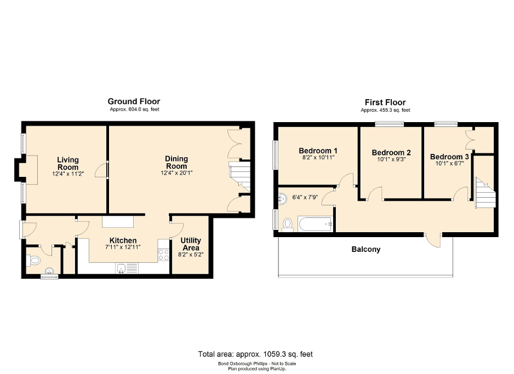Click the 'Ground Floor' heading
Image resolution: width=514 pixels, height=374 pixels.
[x=134, y=101]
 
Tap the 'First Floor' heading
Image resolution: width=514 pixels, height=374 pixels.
[x=385, y=102]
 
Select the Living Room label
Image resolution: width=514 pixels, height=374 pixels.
[x=68, y=163]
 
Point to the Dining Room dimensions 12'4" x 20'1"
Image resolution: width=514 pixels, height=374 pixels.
[x=176, y=173]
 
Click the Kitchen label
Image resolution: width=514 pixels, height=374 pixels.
[x=123, y=240]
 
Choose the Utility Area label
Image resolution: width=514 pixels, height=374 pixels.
[x=190, y=244]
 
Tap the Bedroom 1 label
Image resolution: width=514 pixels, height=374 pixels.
[x=317, y=151]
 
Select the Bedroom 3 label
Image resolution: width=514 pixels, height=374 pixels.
[x=449, y=155]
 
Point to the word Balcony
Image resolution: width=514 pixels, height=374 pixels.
[x=365, y=249]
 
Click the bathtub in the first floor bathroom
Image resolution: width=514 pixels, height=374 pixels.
[x=315, y=224]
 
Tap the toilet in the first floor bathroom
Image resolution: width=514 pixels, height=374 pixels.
[x=288, y=224]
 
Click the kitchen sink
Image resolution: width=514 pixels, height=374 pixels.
[x=122, y=268]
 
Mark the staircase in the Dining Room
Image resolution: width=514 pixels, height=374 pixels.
[x=239, y=176]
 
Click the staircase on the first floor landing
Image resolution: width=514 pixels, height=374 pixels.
[x=484, y=193]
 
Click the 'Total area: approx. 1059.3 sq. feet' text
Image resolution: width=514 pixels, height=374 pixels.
[x=255, y=354]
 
